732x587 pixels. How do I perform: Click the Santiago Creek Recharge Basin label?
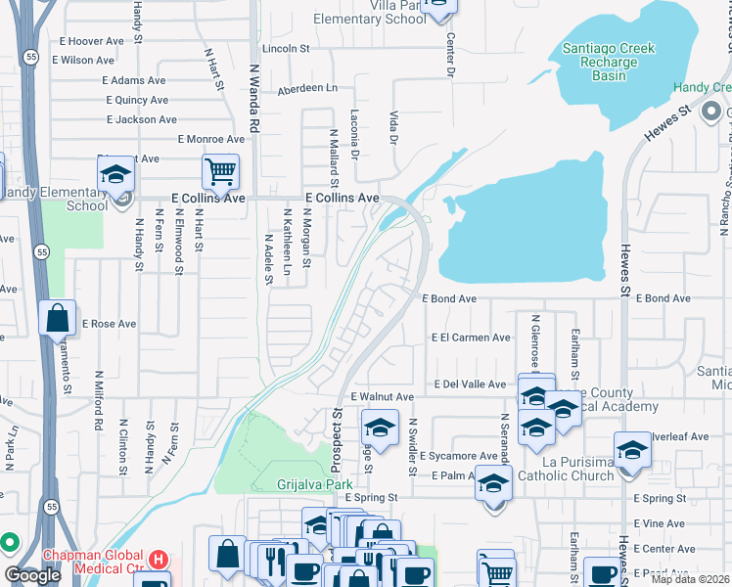[601, 63]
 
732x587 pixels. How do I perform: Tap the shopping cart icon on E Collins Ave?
[221, 173]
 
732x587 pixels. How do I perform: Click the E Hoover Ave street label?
[92, 41]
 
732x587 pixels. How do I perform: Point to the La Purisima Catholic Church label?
[567, 469]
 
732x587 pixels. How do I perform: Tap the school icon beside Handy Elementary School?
[116, 176]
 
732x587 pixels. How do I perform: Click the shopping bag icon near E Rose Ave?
[58, 318]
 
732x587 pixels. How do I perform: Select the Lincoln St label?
[285, 48]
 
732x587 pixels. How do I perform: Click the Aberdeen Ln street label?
[306, 87]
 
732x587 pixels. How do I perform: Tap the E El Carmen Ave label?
[472, 338]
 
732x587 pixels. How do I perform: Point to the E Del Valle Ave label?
[470, 385]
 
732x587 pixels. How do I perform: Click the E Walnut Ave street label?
[383, 396]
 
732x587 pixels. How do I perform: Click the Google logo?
[33, 575]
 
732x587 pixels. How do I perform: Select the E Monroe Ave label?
[210, 139]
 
